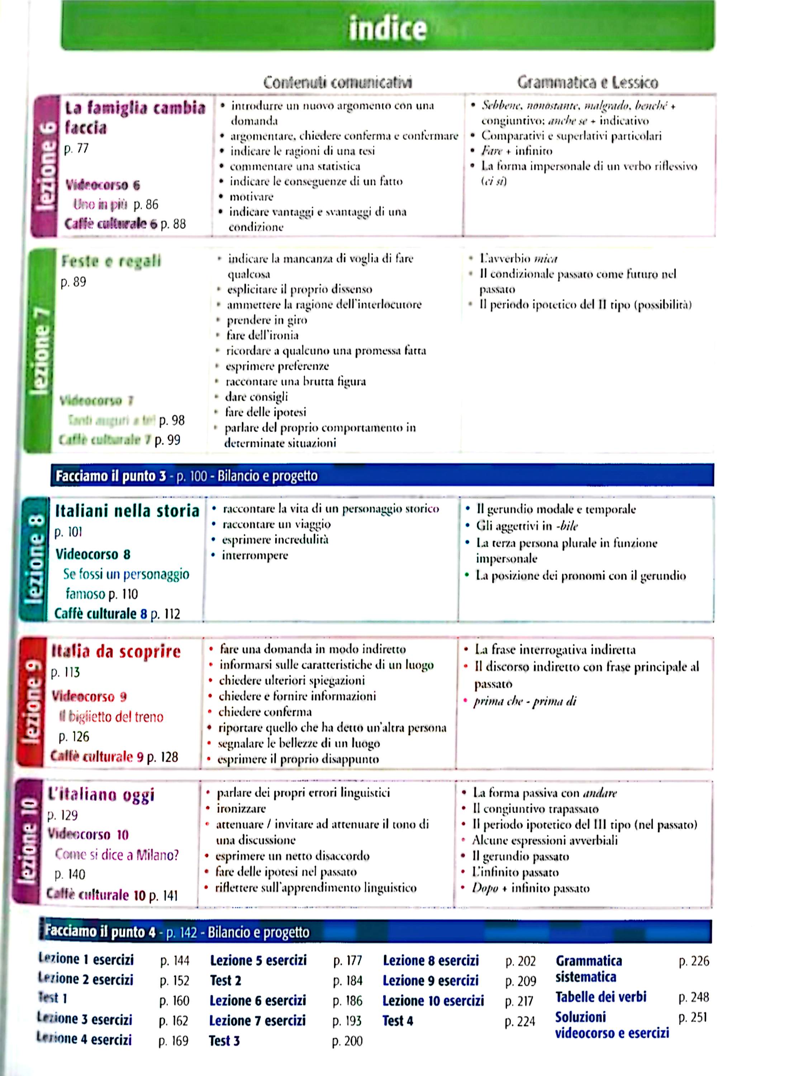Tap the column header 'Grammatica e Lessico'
tap(587, 82)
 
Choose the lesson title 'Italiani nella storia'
tap(127, 511)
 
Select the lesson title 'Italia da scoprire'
tap(116, 651)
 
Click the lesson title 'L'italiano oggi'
tap(101, 794)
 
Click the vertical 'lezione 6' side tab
tap(45, 165)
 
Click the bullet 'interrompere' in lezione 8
tap(255, 555)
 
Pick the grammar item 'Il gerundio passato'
tap(520, 856)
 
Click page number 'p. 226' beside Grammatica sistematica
tap(693, 961)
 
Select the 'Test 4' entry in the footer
tap(397, 1020)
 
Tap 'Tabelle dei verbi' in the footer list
tap(600, 997)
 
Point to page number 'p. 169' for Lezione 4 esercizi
tap(173, 1040)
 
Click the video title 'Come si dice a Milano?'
tap(117, 854)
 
